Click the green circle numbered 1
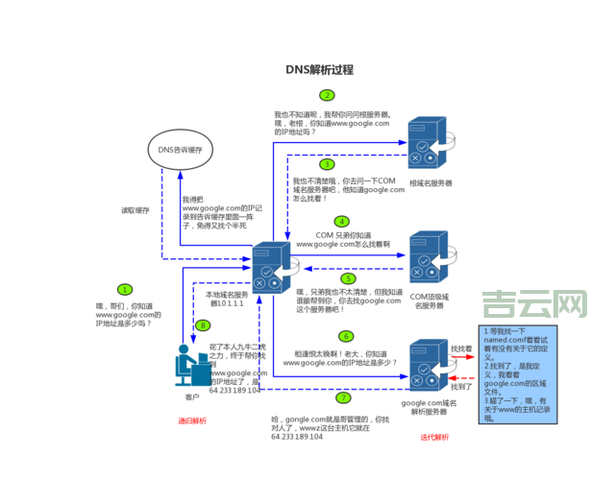click(x=124, y=289)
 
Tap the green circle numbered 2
click(x=328, y=95)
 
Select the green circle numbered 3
click(x=328, y=164)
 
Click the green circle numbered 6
click(x=346, y=336)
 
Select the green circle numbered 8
click(x=203, y=325)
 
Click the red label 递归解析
click(x=192, y=420)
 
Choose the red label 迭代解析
click(x=434, y=437)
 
